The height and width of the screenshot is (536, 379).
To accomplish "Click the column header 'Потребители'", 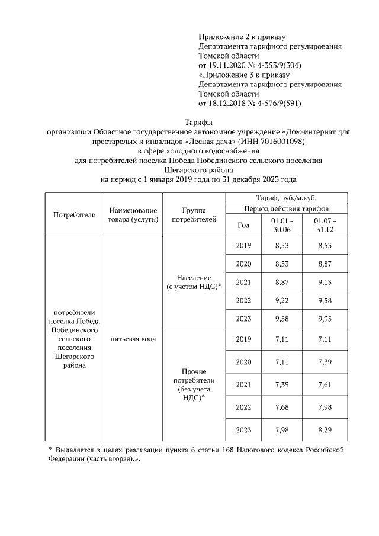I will (74, 214).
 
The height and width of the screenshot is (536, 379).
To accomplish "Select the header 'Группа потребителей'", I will (194, 214).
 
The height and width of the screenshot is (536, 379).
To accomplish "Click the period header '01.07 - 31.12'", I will (324, 224).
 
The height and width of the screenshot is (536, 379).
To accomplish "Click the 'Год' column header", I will (243, 224).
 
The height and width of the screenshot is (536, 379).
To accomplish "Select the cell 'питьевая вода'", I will (133, 339).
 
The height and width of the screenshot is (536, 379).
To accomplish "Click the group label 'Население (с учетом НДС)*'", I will (194, 282).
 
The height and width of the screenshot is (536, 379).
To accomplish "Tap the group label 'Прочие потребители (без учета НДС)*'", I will (194, 384).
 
